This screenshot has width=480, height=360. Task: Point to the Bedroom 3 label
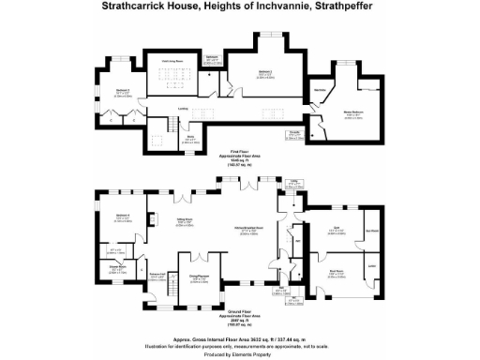tap(122, 91)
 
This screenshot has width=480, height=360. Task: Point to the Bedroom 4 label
tap(122, 217)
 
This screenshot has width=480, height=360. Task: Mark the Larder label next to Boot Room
tap(372, 268)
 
